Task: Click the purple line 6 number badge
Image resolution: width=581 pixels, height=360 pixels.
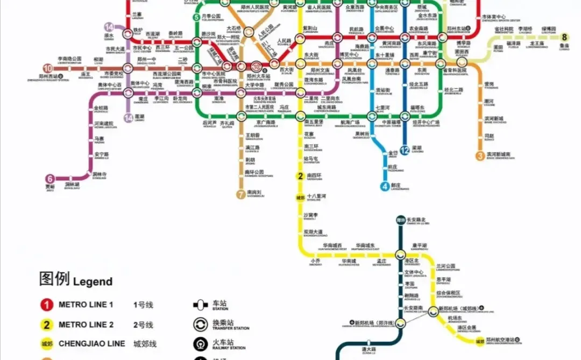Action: point(50,179)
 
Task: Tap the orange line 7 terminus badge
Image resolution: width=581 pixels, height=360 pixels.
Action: point(240,194)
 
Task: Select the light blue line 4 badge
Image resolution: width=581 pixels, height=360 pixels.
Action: point(385,187)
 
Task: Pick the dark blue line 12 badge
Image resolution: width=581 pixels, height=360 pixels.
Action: point(405,150)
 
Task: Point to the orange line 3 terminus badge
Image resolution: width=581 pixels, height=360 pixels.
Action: point(480,156)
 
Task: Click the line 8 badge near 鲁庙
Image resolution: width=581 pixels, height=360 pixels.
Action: point(564,37)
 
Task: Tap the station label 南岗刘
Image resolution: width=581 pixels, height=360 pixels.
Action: point(254,192)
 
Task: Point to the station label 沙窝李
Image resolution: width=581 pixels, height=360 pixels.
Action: point(311,215)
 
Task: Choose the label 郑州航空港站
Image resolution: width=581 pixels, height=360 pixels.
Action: point(500,340)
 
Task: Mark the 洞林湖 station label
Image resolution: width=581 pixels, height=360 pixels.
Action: point(72,185)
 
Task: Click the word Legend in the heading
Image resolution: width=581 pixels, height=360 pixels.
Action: point(93,281)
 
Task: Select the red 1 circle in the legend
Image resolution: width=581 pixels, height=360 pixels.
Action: point(47,305)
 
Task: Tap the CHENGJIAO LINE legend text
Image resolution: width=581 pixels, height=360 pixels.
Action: point(91,343)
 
